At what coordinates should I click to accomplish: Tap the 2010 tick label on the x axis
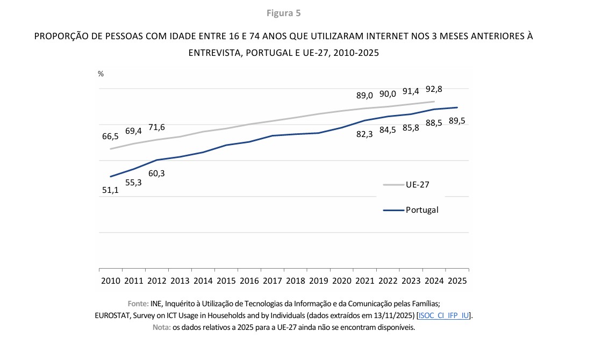coord(111,280)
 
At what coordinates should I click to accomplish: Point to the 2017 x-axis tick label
coord(273,280)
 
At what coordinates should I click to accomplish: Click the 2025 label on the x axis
coord(457,280)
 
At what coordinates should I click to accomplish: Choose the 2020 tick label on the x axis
coord(342,280)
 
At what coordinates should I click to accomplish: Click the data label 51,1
coord(110,190)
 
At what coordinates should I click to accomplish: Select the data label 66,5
coord(111,136)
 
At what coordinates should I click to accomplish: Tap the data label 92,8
coord(434,89)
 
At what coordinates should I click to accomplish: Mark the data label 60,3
coord(156,173)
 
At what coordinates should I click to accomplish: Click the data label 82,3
coord(364,134)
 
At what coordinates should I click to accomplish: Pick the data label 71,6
coord(156,127)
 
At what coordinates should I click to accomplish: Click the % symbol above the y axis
coord(101,74)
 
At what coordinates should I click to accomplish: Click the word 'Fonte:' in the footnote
coord(138,303)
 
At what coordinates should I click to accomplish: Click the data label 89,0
coord(364,96)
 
